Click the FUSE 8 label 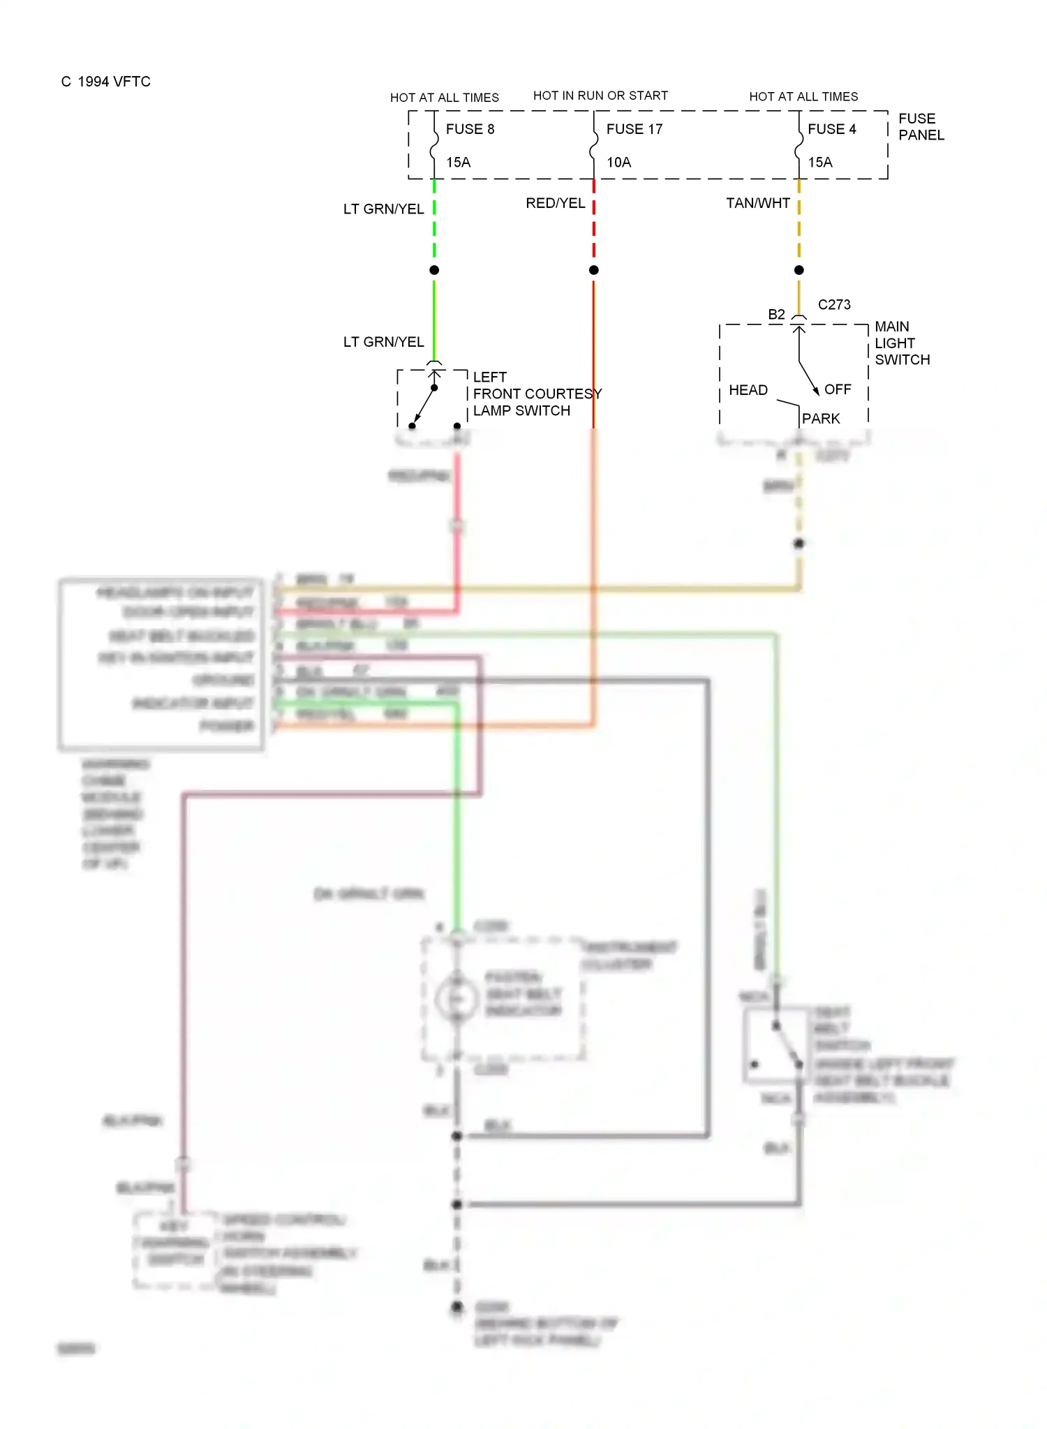click(x=470, y=129)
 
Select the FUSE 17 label click(x=634, y=129)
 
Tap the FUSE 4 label click(x=831, y=129)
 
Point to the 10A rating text click(x=618, y=163)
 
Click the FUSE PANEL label click(x=921, y=127)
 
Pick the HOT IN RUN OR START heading click(x=600, y=96)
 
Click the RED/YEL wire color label click(x=555, y=203)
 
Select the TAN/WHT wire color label click(x=757, y=203)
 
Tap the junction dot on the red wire click(x=594, y=270)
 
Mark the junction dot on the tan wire click(x=799, y=270)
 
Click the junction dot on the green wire click(x=434, y=270)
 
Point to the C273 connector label click(x=834, y=305)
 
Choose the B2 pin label click(x=776, y=315)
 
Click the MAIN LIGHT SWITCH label click(x=901, y=343)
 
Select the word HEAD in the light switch click(x=748, y=390)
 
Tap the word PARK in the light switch click(x=821, y=419)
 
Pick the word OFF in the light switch click(x=838, y=389)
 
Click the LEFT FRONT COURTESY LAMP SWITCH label click(x=536, y=394)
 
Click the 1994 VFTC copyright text click(x=106, y=82)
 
